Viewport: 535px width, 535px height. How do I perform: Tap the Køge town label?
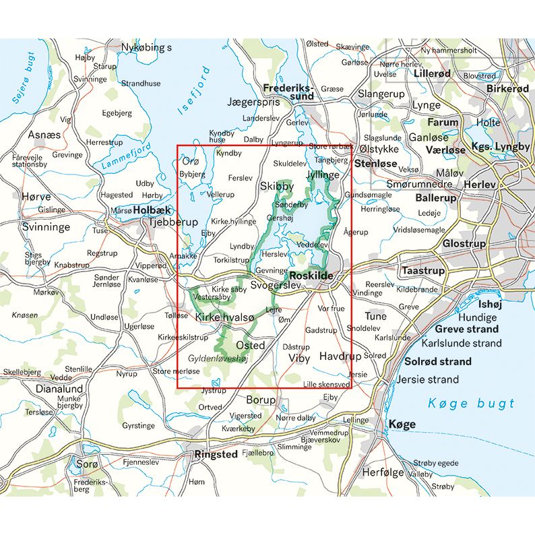pos(402,424)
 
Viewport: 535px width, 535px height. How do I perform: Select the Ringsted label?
pos(215,454)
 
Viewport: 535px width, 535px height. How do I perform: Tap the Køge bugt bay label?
pos(471,404)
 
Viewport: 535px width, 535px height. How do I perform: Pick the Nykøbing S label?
pos(146,47)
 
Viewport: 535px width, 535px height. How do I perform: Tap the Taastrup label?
pos(423,270)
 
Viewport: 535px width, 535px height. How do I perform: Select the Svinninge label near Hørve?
pos(45,227)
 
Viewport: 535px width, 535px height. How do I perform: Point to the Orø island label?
pos(191,161)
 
